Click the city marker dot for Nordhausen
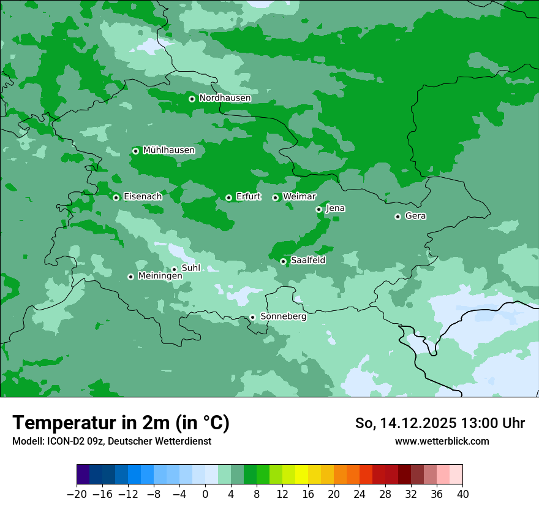pyautogui.click(x=192, y=99)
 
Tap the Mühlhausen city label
pyautogui.click(x=168, y=150)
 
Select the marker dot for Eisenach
pyautogui.click(x=116, y=197)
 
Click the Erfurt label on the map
pyautogui.click(x=248, y=197)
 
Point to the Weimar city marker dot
pyautogui.click(x=276, y=197)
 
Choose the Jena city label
pyautogui.click(x=335, y=209)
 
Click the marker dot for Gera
pyautogui.click(x=398, y=216)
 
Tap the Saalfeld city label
pyautogui.click(x=307, y=261)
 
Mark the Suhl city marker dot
pyautogui.click(x=174, y=269)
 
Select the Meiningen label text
pyautogui.click(x=160, y=277)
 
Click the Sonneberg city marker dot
pyautogui.click(x=252, y=317)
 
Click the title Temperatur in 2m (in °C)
pyautogui.click(x=121, y=423)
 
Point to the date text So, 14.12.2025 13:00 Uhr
pyautogui.click(x=440, y=423)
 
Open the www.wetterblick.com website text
pyautogui.click(x=442, y=441)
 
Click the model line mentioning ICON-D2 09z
pyautogui.click(x=111, y=441)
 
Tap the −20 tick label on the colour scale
pyautogui.click(x=77, y=494)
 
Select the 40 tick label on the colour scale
pyautogui.click(x=462, y=494)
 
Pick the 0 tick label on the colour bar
pyautogui.click(x=205, y=494)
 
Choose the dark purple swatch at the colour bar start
pyautogui.click(x=83, y=475)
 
